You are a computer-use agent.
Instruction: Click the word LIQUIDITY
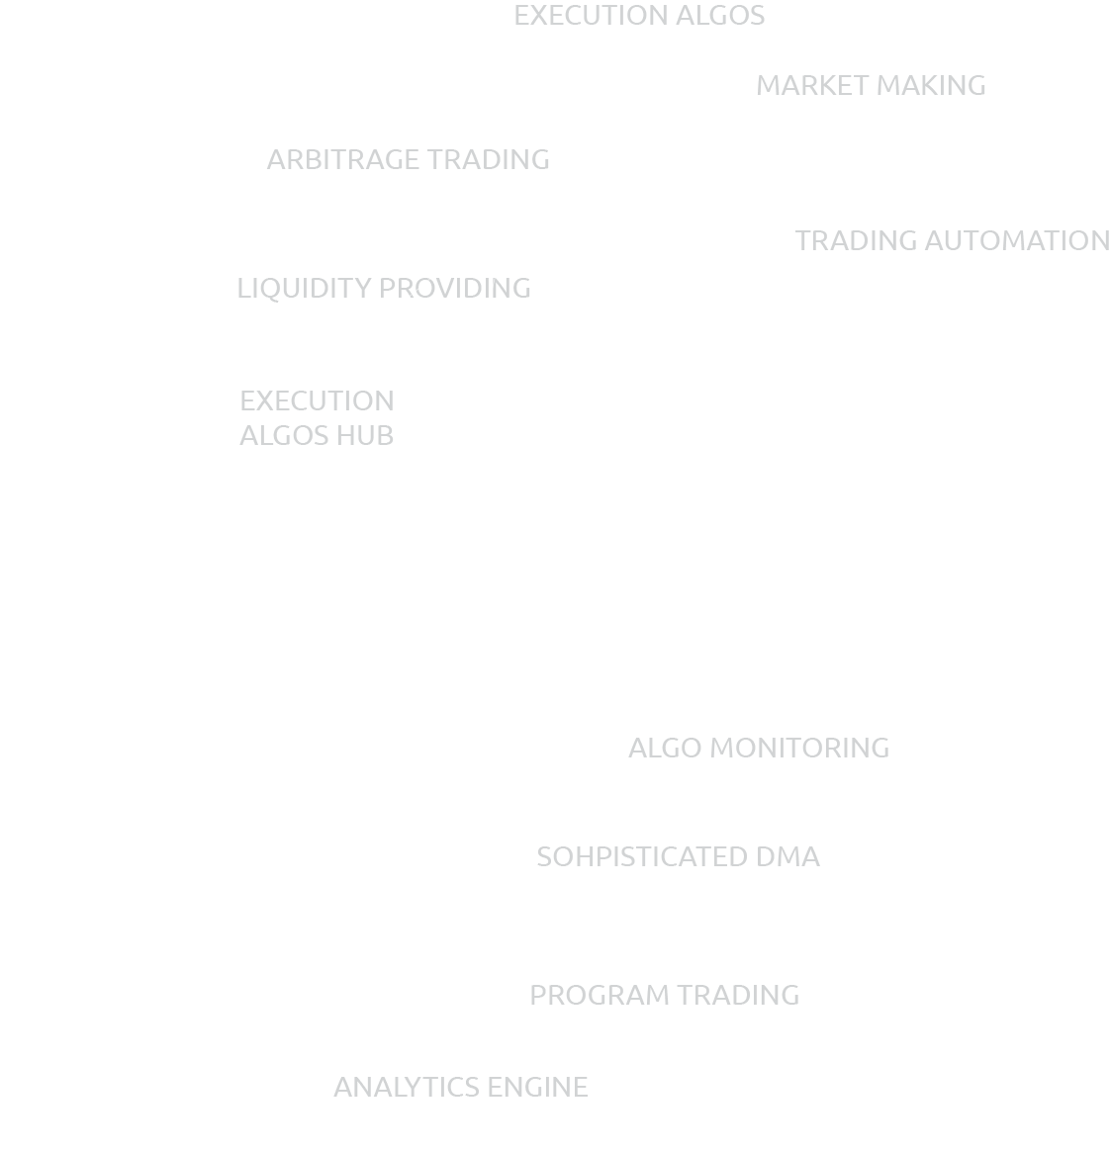pos(304,289)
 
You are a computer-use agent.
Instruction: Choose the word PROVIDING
pos(455,289)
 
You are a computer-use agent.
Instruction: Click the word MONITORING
pos(799,749)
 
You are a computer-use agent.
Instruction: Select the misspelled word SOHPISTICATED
pos(642,857)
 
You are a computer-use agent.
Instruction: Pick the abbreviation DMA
pos(787,857)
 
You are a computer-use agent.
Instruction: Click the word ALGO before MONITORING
pos(665,749)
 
